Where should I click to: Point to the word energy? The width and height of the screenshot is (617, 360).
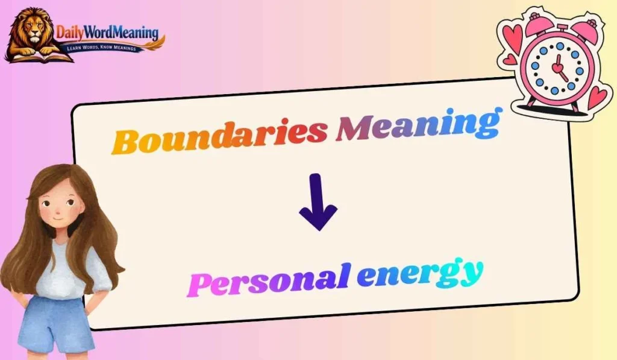419,274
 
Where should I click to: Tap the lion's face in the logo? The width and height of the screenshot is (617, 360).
32,31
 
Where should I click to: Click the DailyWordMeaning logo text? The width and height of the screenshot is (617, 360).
107,31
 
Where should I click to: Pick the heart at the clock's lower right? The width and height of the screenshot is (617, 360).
598,97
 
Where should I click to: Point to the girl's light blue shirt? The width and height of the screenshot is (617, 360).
69,271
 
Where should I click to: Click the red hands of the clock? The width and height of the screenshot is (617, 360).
559,68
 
